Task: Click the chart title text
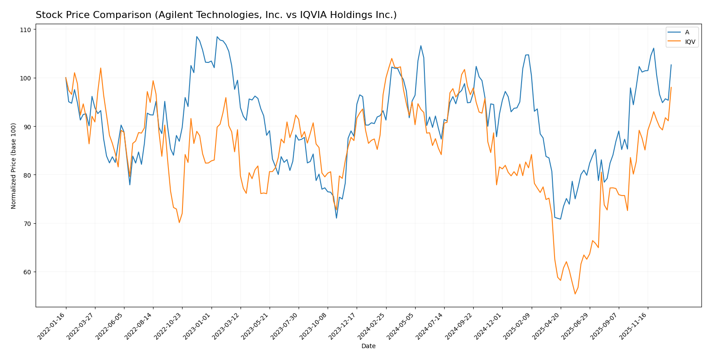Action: tap(216, 15)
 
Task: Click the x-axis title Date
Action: tap(369, 346)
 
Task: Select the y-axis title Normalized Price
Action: tap(14, 166)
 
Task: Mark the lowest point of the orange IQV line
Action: tap(575, 294)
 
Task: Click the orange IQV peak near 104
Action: tap(391, 58)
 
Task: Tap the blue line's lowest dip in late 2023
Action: tap(336, 218)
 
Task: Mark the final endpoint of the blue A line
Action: tap(671, 65)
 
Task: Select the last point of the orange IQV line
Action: tap(671, 87)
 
